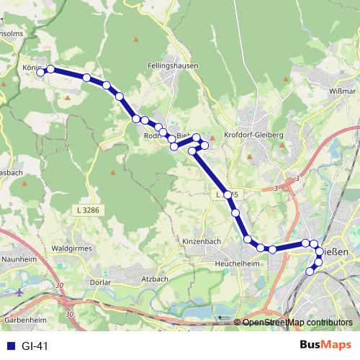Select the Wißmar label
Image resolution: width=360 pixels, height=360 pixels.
[341, 91]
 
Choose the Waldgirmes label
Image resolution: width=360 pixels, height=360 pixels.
[73, 253]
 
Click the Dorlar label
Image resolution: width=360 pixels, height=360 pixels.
[101, 282]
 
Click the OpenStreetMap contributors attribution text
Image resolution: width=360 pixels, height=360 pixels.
[297, 323]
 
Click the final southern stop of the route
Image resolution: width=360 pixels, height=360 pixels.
[310, 271]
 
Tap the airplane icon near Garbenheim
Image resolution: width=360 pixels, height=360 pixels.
[18, 294]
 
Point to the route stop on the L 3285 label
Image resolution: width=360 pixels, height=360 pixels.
[228, 194]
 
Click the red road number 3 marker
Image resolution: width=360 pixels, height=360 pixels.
[276, 188]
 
